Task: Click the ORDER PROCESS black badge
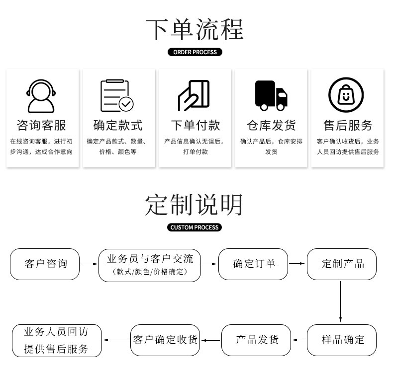pyautogui.click(x=195, y=52)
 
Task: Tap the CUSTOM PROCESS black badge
pyautogui.click(x=194, y=227)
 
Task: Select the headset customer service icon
pyautogui.click(x=41, y=95)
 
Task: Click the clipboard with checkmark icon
pyautogui.click(x=117, y=95)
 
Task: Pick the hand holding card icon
pyautogui.click(x=194, y=95)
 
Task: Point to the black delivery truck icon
pyautogui.click(x=271, y=95)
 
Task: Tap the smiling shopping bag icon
pyautogui.click(x=346, y=95)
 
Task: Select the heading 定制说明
pyautogui.click(x=195, y=204)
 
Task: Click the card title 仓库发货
pyautogui.click(x=271, y=125)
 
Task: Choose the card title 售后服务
pyautogui.click(x=347, y=125)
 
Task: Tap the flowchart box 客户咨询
pyautogui.click(x=45, y=264)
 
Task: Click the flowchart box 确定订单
pyautogui.click(x=253, y=264)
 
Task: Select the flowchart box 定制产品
pyautogui.click(x=342, y=264)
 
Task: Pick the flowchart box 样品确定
pyautogui.click(x=342, y=340)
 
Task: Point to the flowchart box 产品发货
pyautogui.click(x=256, y=340)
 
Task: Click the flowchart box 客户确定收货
pyautogui.click(x=165, y=340)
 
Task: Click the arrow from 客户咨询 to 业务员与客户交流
pyautogui.click(x=89, y=264)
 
